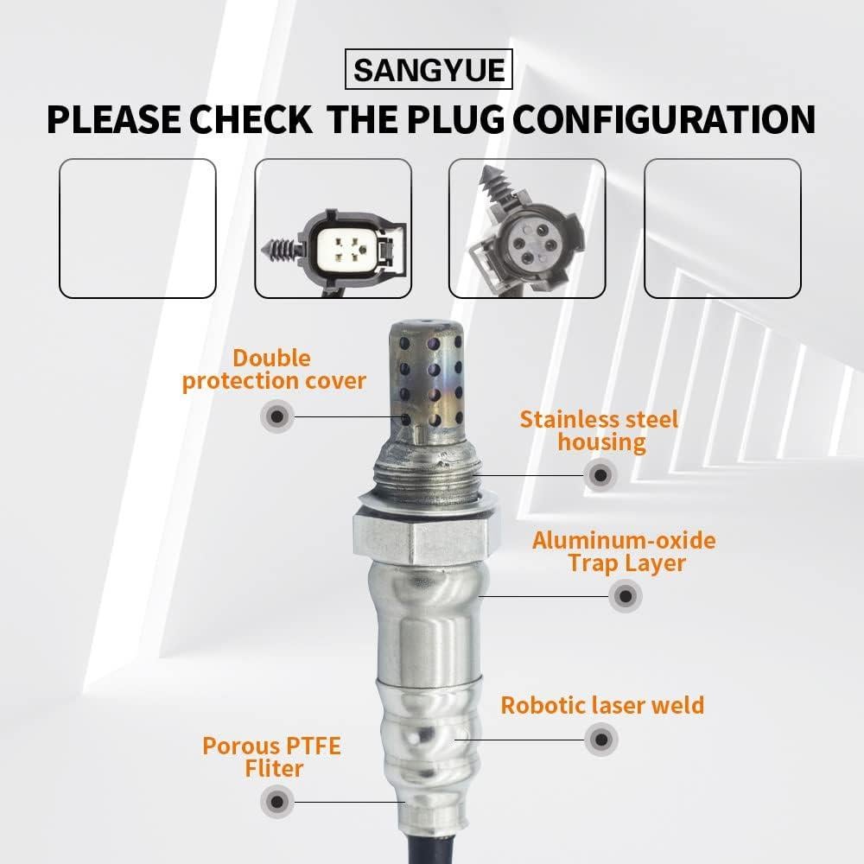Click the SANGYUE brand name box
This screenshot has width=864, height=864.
(429, 69)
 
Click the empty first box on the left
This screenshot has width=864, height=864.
(137, 228)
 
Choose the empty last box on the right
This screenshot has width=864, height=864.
(722, 228)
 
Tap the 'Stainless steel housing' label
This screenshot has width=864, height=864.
(600, 431)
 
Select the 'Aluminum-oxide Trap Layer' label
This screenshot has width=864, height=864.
(624, 552)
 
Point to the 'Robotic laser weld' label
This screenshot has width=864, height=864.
(602, 704)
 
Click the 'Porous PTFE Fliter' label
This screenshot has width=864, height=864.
(271, 756)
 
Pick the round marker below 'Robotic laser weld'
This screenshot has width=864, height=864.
(601, 740)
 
